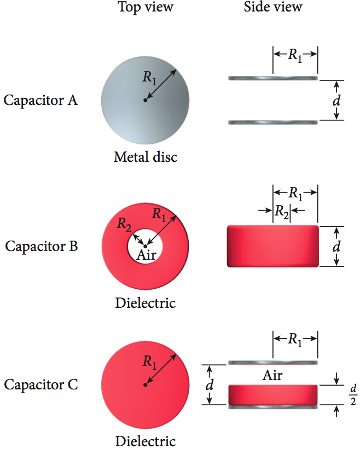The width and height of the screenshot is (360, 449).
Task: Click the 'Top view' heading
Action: (146, 7)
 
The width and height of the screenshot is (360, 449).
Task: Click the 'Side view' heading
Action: (273, 7)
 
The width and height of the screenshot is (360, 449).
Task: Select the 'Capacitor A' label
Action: (40, 101)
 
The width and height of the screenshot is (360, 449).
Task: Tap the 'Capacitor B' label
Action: (42, 246)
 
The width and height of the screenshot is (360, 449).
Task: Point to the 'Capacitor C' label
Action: (41, 384)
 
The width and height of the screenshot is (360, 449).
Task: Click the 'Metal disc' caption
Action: (146, 158)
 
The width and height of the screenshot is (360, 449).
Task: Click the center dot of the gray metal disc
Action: (145, 100)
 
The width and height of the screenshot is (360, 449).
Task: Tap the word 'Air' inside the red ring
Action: (146, 255)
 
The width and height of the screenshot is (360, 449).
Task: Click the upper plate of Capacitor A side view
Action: (273, 79)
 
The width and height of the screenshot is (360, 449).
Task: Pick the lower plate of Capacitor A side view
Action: (273, 122)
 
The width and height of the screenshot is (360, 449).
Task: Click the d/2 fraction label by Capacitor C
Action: (353, 394)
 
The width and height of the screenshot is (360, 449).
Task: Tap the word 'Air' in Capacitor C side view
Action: (273, 375)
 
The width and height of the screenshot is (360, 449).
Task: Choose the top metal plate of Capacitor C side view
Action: (273, 363)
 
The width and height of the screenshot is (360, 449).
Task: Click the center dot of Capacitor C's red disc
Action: (145, 385)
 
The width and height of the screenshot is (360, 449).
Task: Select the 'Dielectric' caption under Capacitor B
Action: (146, 302)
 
